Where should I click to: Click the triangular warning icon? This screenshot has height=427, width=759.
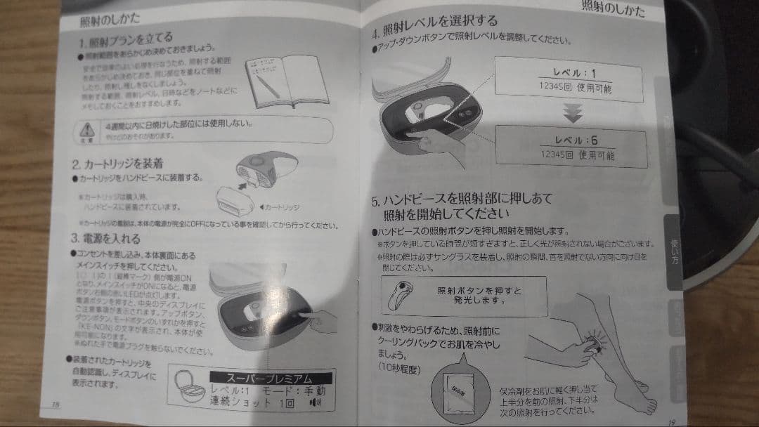pos(88,129)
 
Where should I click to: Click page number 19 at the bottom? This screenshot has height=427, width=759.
pos(672,421)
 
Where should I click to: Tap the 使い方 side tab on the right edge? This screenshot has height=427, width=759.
pos(674,250)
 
